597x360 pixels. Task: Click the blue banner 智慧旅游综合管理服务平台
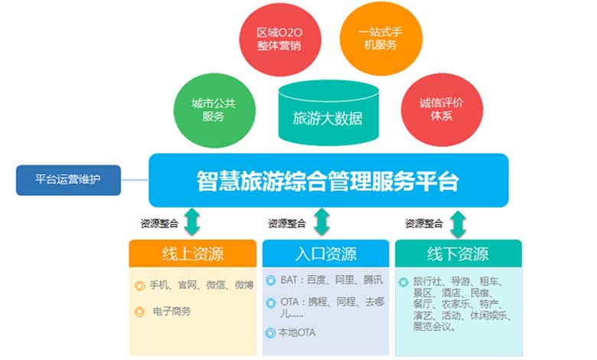click(x=328, y=181)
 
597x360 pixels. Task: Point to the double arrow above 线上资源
click(x=192, y=222)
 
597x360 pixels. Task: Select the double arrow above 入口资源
click(x=322, y=222)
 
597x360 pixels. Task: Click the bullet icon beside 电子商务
click(x=139, y=312)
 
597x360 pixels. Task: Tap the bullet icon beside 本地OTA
click(x=271, y=332)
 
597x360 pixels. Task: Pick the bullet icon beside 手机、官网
click(x=139, y=286)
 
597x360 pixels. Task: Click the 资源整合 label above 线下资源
click(x=423, y=224)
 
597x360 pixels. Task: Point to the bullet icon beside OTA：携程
click(x=271, y=303)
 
